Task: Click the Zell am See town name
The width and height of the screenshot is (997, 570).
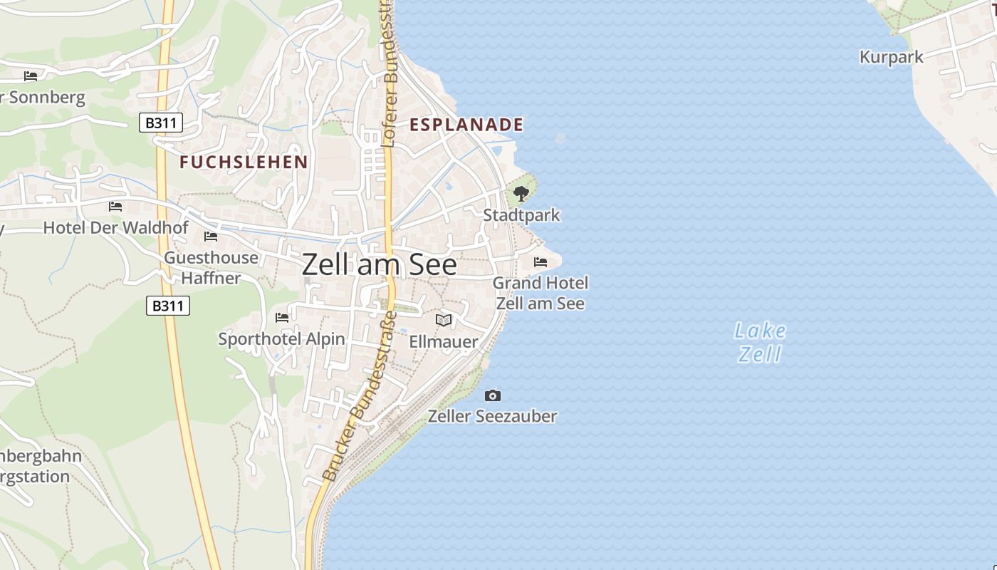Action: click(379, 265)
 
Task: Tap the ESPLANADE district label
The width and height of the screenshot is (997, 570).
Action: click(466, 125)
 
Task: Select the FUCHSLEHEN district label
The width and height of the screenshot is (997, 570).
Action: click(244, 162)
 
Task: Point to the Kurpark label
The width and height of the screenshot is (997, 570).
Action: click(891, 57)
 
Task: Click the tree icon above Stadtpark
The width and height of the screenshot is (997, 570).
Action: click(521, 193)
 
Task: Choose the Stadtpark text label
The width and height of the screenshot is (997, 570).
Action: click(521, 215)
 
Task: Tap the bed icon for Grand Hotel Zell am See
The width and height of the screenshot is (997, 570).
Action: click(541, 262)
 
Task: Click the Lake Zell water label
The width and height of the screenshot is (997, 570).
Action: click(760, 342)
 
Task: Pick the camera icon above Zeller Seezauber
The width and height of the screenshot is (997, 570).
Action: click(492, 395)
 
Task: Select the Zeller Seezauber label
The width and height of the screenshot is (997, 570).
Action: click(492, 416)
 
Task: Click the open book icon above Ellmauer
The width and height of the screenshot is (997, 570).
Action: click(444, 321)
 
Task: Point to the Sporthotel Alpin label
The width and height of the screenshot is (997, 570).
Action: click(281, 339)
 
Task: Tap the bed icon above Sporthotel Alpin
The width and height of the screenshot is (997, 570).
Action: click(282, 317)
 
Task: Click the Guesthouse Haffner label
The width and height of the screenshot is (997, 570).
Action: click(211, 267)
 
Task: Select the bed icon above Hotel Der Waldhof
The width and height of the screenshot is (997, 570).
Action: click(115, 207)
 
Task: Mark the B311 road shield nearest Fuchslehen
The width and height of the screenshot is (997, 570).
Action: click(160, 123)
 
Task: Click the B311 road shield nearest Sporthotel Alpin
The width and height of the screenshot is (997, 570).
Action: click(168, 306)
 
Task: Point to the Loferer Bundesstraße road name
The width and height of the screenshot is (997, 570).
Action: click(389, 78)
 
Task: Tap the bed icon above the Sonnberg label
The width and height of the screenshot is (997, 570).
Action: click(31, 76)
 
